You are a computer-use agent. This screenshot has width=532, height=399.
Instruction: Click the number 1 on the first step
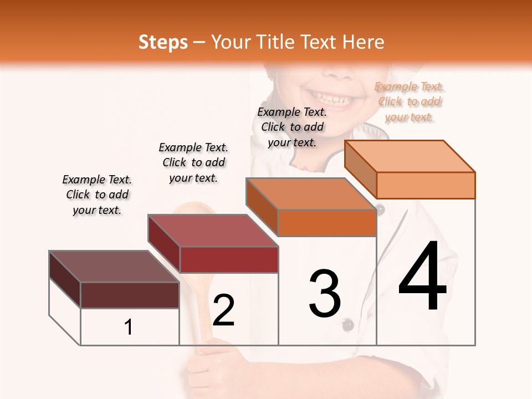(x=129, y=327)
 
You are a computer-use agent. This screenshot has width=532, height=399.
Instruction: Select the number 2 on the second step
(x=223, y=310)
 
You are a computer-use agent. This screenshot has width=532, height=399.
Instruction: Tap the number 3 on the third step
(x=325, y=293)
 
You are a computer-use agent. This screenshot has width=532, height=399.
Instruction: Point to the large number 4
(x=422, y=277)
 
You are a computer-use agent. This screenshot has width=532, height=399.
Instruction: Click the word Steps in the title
(x=163, y=42)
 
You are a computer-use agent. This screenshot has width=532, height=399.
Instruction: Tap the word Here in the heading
(x=363, y=42)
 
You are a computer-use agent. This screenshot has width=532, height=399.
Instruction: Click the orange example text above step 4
(x=409, y=102)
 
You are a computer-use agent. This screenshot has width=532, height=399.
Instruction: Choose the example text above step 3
(x=293, y=127)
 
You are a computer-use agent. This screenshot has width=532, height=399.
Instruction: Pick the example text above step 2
(x=193, y=162)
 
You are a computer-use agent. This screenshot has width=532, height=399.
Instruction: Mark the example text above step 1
(x=97, y=195)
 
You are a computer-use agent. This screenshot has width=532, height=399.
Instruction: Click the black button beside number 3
(x=347, y=325)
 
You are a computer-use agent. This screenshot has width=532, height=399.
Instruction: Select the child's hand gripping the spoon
(x=208, y=366)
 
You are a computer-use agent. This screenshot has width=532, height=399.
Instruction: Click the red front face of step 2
(x=229, y=259)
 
